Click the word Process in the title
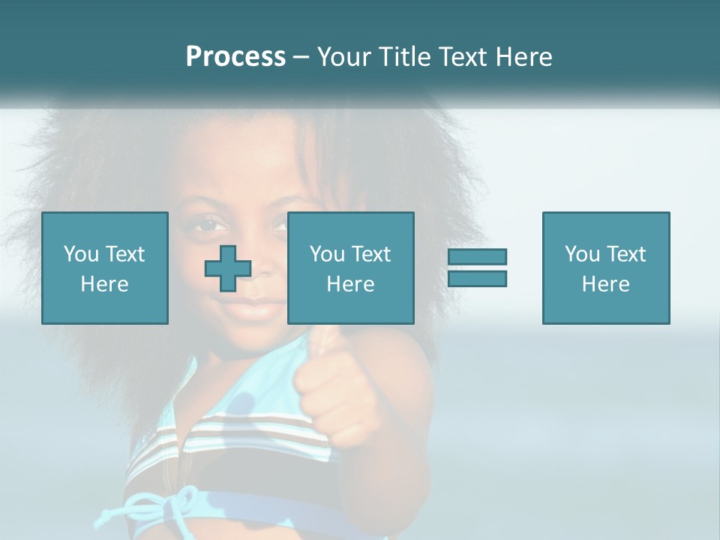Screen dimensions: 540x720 pos(235,57)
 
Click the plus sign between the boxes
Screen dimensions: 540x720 pos(228,269)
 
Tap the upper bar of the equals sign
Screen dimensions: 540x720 pos(477,256)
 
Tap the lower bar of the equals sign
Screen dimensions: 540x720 pos(477,279)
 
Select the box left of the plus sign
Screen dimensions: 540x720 pos(105,268)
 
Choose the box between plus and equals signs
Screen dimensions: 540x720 pos(351,268)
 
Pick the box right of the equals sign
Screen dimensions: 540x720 pos(606,268)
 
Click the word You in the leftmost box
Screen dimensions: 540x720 pos(81,253)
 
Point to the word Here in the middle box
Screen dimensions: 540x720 pos(351,284)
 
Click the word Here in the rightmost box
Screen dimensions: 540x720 pos(606,284)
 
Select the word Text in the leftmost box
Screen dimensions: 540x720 pos(124,253)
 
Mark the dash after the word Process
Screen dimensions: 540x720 pos(301,57)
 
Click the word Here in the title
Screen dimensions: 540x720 pos(522,57)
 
